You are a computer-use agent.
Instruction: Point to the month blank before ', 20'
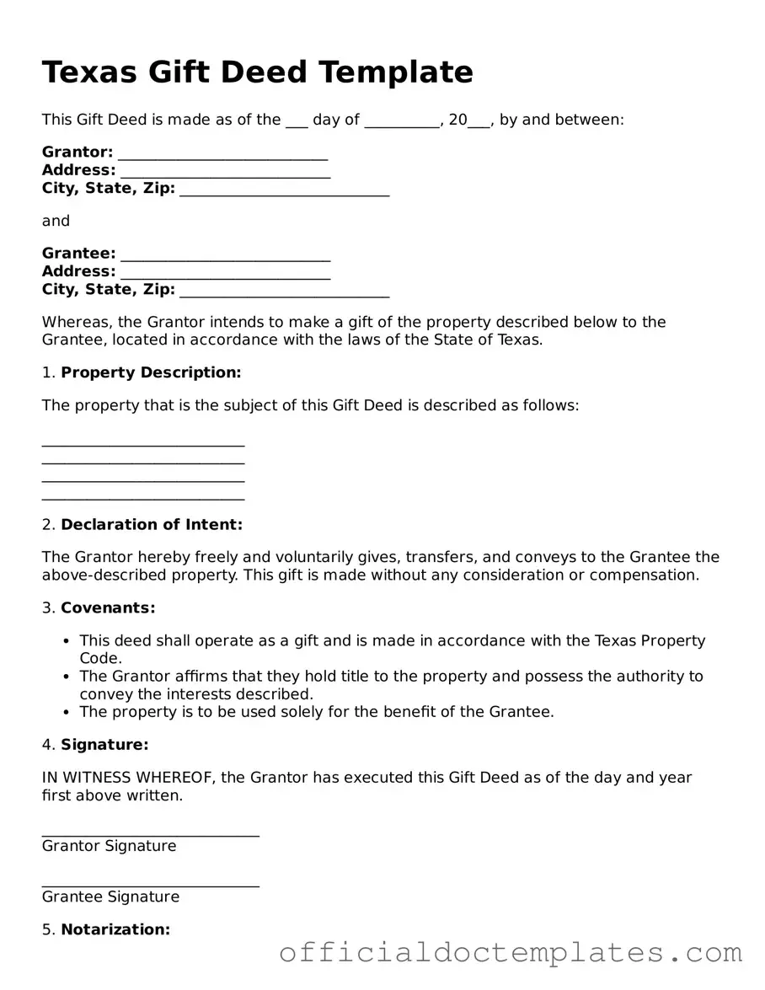click(x=402, y=122)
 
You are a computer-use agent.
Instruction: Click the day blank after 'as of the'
click(x=297, y=122)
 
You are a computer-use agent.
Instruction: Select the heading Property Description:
click(x=151, y=372)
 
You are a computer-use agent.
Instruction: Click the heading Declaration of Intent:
click(x=152, y=525)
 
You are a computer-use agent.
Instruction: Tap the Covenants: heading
click(x=108, y=608)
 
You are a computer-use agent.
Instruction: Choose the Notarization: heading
click(x=115, y=930)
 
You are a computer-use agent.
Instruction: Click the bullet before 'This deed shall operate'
click(x=67, y=641)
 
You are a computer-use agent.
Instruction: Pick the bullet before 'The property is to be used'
click(x=67, y=712)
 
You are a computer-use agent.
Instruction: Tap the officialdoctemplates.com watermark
click(x=511, y=953)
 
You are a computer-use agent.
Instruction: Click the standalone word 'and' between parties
click(x=56, y=222)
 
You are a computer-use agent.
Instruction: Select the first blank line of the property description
click(x=143, y=443)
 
